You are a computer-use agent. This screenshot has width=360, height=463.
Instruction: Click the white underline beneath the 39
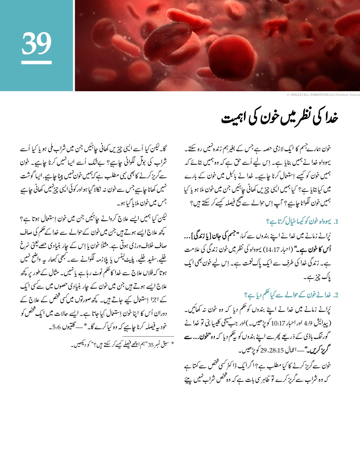click(36, 62)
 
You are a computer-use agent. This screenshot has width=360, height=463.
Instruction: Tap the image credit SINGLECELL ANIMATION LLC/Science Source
click(323, 95)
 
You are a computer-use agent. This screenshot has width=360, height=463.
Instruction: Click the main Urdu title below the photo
click(280, 118)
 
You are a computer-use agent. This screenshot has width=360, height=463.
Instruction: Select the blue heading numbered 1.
click(302, 222)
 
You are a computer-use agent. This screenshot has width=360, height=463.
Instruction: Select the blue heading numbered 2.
click(291, 295)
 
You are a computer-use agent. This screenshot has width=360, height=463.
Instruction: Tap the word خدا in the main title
click(330, 118)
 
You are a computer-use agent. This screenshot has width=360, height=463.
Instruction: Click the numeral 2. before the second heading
click(335, 295)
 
